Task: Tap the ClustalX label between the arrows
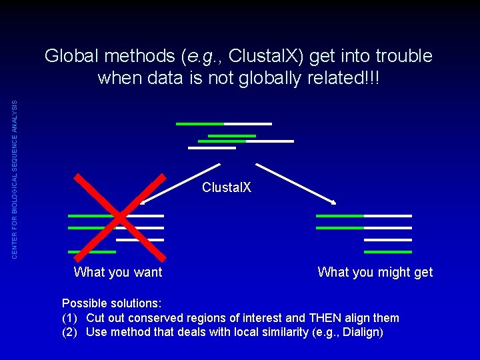pyautogui.click(x=227, y=188)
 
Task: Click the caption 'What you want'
pyautogui.click(x=118, y=272)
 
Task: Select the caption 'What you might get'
pyautogui.click(x=375, y=272)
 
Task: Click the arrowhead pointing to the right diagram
pyautogui.click(x=333, y=201)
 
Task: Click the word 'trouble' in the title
pyautogui.click(x=401, y=57)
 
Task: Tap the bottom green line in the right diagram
pyautogui.click(x=387, y=252)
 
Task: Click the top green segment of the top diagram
pyautogui.click(x=199, y=124)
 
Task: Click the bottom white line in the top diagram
pyautogui.click(x=212, y=148)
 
